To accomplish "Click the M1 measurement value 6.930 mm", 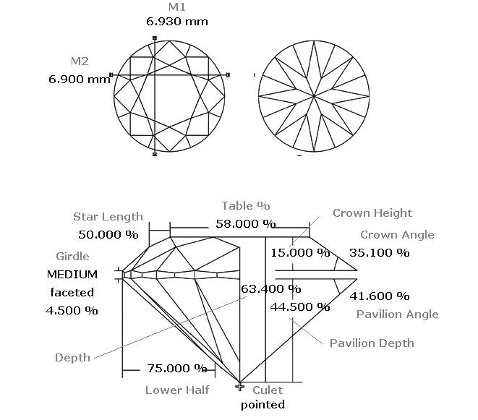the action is pyautogui.click(x=177, y=22).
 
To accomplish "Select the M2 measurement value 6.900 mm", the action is pyautogui.click(x=80, y=80).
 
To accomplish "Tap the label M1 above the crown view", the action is pyautogui.click(x=177, y=7).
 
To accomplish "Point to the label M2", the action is pyautogui.click(x=80, y=61).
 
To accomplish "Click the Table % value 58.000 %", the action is pyautogui.click(x=246, y=224).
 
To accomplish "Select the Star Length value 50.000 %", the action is pyautogui.click(x=108, y=235).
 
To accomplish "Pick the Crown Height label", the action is pyautogui.click(x=372, y=213).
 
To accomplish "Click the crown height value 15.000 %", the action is pyautogui.click(x=300, y=253).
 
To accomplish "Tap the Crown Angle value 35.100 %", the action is pyautogui.click(x=379, y=253).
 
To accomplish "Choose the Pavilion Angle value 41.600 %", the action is pyautogui.click(x=379, y=296).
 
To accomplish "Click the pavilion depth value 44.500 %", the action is pyautogui.click(x=300, y=307).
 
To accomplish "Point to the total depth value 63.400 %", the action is pyautogui.click(x=271, y=288).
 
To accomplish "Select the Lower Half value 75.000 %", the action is pyautogui.click(x=177, y=369).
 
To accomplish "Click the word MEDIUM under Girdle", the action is pyautogui.click(x=72, y=275).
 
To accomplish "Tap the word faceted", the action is pyautogui.click(x=72, y=293).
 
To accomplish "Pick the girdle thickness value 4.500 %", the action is pyautogui.click(x=72, y=311).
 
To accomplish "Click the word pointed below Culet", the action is pyautogui.click(x=263, y=405).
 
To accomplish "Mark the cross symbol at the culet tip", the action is pyautogui.click(x=240, y=387).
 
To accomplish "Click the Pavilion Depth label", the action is pyautogui.click(x=372, y=343).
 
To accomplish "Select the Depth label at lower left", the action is pyautogui.click(x=72, y=358).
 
